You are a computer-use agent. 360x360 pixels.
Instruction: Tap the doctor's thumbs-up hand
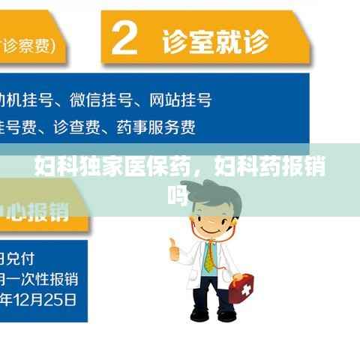174,248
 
